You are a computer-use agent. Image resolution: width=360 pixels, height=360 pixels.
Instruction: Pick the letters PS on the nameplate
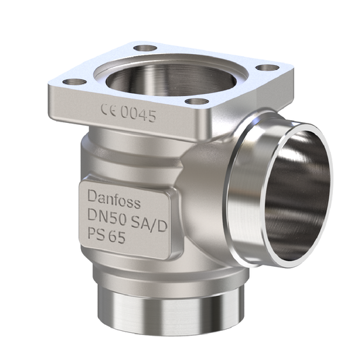click(97, 233)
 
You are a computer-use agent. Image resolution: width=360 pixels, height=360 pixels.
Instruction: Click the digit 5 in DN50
click(119, 215)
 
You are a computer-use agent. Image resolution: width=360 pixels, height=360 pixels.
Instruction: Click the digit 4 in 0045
click(143, 115)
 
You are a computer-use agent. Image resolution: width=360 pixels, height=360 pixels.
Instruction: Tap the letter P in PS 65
click(93, 233)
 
